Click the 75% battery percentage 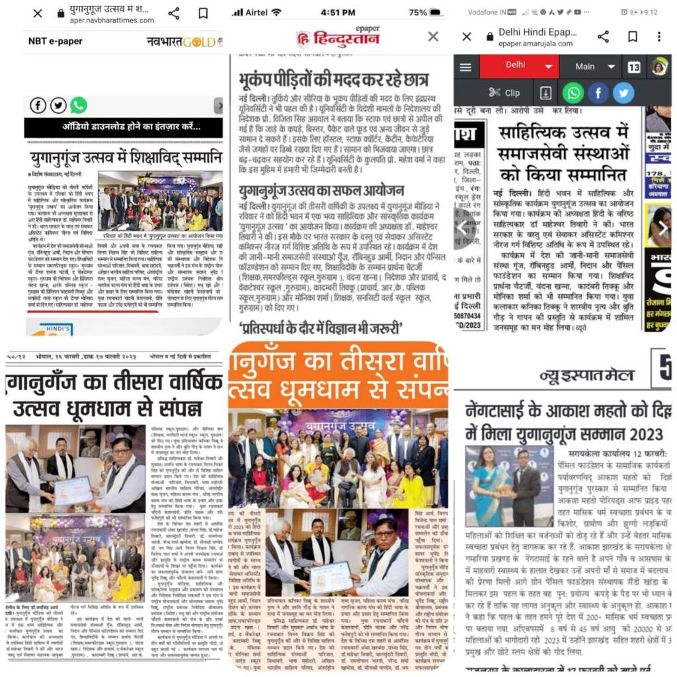point(418,13)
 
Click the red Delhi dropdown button point(519,66)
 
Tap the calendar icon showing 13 point(634,67)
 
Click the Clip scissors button point(504,93)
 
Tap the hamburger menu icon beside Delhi point(465,67)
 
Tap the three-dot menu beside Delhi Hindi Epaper point(658,36)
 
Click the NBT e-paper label point(56,41)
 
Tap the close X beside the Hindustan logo point(433,36)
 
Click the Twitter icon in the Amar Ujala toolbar point(623,93)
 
